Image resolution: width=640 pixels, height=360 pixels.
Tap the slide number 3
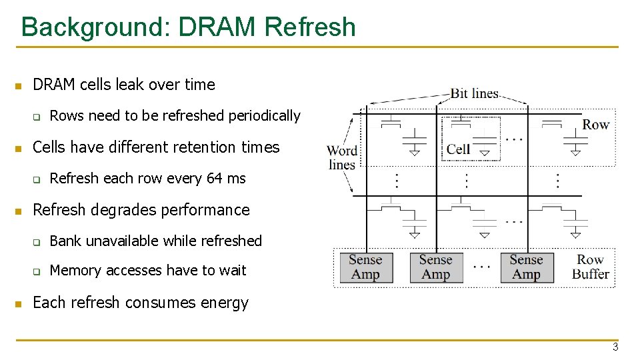click(615, 347)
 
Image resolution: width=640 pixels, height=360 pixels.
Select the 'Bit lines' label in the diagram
click(475, 93)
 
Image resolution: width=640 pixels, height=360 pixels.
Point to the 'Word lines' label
click(342, 158)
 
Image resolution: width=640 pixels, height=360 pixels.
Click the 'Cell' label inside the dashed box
click(458, 149)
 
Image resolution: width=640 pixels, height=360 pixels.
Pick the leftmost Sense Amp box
click(365, 267)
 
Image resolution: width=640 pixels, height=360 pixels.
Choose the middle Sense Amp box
click(436, 267)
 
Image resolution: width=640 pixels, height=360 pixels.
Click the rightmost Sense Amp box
click(526, 267)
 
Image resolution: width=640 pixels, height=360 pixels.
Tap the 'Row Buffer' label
click(591, 267)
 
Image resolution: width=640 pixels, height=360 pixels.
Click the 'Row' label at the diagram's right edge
click(595, 125)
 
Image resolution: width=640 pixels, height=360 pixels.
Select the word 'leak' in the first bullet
click(130, 85)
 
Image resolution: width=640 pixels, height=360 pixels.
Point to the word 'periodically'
click(265, 116)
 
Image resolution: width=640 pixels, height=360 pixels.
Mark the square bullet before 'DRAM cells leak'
click(19, 86)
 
